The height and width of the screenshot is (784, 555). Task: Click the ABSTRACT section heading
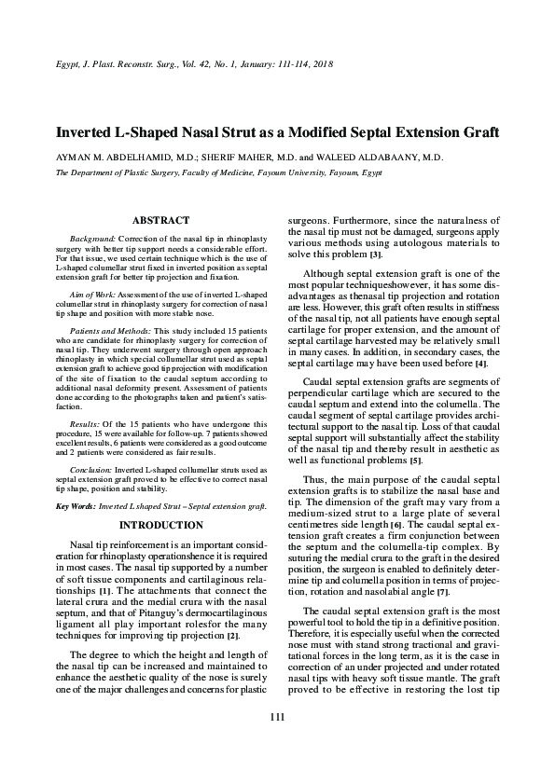tap(161, 220)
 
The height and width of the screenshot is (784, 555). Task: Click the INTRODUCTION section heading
tap(161, 525)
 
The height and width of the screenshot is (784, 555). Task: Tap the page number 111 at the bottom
tap(276, 742)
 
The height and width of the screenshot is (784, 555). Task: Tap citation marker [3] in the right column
tap(375, 254)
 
